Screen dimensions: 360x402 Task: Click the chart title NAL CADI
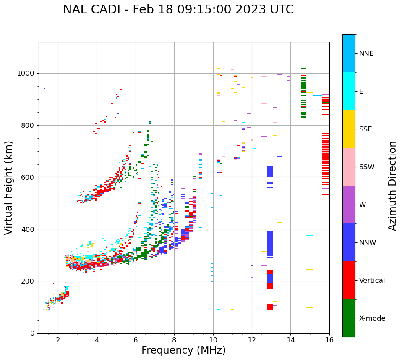[178, 10]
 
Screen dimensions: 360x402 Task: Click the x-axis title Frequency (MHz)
[183, 350]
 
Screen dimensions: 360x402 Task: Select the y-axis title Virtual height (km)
[9, 187]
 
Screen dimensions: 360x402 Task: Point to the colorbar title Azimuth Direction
[392, 186]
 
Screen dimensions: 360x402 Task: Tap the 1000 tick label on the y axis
[26, 73]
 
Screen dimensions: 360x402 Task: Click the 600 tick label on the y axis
[28, 177]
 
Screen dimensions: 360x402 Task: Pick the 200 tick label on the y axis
[28, 281]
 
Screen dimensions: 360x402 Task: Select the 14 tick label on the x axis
[290, 340]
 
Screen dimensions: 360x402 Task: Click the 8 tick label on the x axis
[174, 340]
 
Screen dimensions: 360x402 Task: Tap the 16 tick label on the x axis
[329, 340]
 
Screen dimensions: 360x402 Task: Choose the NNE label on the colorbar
[366, 54]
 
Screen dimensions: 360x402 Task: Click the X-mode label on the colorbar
[372, 318]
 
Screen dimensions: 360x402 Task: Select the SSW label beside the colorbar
[367, 167]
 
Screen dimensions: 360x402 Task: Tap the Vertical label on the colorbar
[372, 281]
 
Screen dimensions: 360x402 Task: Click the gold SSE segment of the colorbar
[349, 129]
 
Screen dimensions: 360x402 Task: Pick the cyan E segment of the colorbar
[349, 91]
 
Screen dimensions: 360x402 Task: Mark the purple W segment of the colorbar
[349, 205]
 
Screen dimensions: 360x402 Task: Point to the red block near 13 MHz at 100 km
[270, 307]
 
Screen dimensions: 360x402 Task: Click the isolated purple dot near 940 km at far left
[44, 88]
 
